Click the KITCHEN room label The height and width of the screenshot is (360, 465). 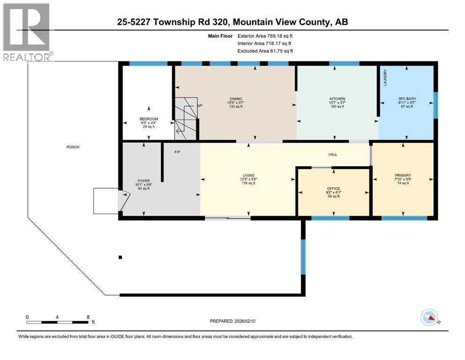coord(337,99)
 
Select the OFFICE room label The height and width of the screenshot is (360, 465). coord(333,189)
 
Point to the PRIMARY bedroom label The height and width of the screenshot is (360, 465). coord(402,176)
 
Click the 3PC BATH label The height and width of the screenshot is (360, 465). coord(406,99)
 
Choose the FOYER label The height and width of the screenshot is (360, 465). coord(143,180)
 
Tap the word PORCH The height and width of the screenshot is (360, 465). coord(73,147)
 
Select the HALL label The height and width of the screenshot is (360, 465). coord(332,154)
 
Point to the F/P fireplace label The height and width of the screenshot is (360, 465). coord(177,152)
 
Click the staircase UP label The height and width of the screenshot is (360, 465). coord(200,106)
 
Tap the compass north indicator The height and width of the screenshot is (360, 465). coord(429,318)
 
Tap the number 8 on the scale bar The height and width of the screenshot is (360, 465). coord(88,316)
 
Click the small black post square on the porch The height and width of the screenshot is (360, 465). coord(120,257)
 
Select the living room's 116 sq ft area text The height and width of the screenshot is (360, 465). coord(248,183)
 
